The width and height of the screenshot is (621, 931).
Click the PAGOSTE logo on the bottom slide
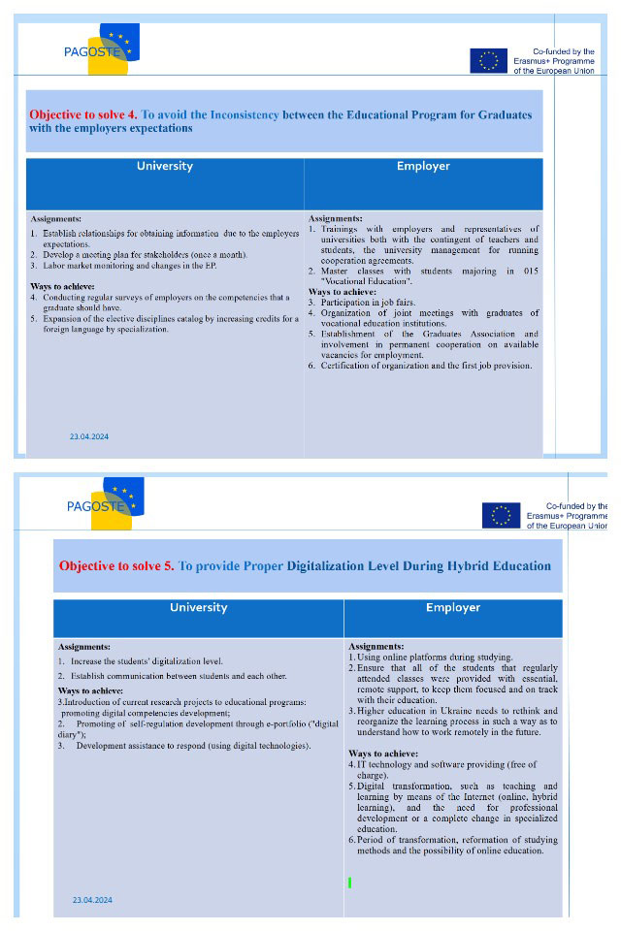click(x=107, y=504)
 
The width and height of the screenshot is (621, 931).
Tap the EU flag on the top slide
click(x=489, y=61)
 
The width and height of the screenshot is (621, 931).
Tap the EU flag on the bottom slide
click(x=501, y=516)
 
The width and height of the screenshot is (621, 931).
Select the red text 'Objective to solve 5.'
click(x=116, y=565)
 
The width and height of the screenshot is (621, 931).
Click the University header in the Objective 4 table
click(x=164, y=166)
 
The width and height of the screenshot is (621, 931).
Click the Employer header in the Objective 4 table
click(x=423, y=166)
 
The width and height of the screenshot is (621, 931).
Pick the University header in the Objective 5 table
click(x=198, y=608)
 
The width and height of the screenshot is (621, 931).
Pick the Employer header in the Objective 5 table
click(x=453, y=608)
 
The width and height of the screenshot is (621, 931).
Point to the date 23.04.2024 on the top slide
click(x=89, y=436)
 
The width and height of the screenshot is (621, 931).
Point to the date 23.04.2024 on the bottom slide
click(x=92, y=900)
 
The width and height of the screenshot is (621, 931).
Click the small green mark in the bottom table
click(x=349, y=883)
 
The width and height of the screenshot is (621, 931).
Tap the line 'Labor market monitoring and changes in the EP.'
click(x=135, y=265)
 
